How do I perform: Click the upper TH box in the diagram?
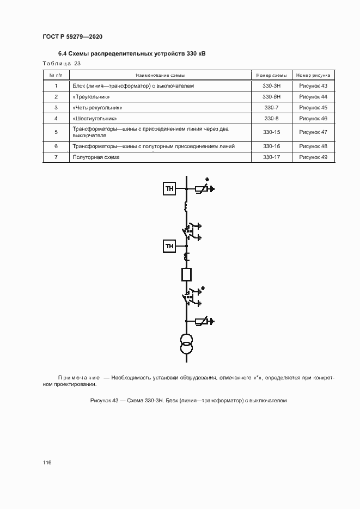coord(169,189)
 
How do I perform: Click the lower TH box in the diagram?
coord(169,247)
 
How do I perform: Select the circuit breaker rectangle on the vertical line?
coord(186,274)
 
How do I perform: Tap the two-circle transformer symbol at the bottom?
coord(186,345)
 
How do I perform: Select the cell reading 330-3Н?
coord(271,86)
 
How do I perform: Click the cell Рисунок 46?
coord(313,118)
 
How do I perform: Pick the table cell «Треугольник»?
coord(87,96)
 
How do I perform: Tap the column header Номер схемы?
coord(271,75)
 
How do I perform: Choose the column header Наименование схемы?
coord(160,75)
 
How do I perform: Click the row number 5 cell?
coord(56,132)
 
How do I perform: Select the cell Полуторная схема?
coord(96,157)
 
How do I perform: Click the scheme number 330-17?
coord(271,157)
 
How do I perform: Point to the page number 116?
coord(47,463)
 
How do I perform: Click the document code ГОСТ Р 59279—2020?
coord(72,36)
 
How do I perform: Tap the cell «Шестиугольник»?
coord(95,118)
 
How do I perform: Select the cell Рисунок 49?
coord(313,157)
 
